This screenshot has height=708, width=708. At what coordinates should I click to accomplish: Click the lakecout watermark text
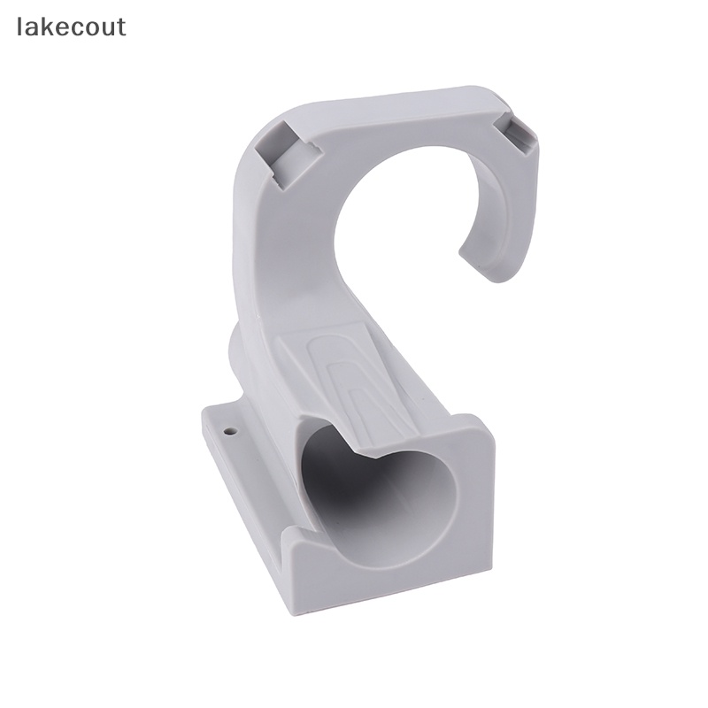(72, 27)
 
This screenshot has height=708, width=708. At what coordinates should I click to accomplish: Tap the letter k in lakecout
(50, 27)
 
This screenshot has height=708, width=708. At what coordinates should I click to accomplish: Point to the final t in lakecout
(121, 27)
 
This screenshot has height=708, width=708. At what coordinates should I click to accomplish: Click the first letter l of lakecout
(19, 27)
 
